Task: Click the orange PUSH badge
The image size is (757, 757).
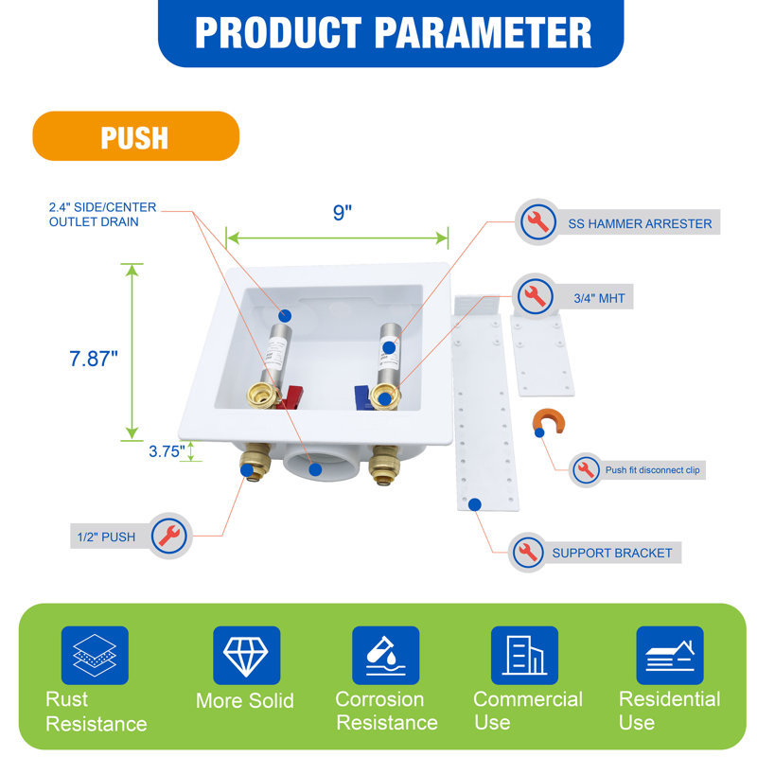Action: point(135,136)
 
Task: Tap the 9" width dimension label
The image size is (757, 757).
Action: point(343,212)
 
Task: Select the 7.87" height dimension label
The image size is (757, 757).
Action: point(93,359)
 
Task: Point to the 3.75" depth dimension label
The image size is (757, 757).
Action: point(167,451)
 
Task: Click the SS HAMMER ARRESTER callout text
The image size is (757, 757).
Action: point(640,223)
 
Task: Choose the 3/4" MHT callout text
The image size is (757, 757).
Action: point(599,298)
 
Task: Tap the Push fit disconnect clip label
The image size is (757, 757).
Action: point(652,470)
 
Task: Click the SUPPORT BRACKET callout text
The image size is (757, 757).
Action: point(611,553)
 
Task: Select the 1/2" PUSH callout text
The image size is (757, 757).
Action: point(106,537)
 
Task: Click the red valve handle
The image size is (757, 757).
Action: point(291,396)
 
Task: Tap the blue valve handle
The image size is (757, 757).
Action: point(363,397)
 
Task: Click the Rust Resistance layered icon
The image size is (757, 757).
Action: point(95,655)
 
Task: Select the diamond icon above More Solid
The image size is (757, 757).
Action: point(246,655)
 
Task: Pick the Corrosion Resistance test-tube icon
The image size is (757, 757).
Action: point(385,655)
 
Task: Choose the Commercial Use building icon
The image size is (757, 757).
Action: point(524,655)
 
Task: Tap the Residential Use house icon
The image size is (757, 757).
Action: point(670,655)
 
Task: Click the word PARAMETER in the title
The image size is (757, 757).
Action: point(483,33)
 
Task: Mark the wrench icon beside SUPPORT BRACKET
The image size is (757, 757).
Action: point(528,553)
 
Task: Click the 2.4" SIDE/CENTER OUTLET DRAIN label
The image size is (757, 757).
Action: point(102,215)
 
